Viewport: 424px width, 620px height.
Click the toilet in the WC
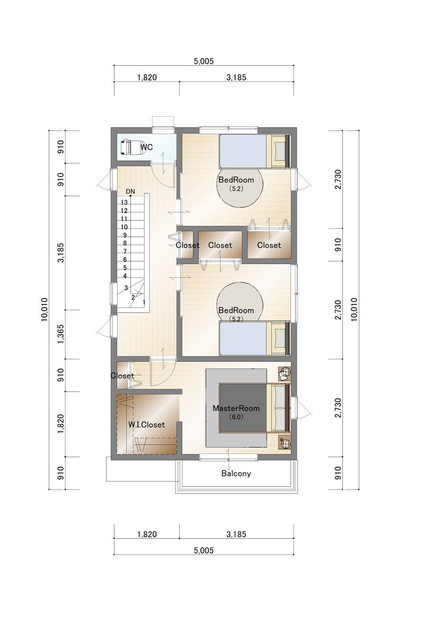[x=132, y=147]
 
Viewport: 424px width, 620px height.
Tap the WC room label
[x=147, y=147]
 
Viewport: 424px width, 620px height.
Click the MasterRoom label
[x=236, y=408]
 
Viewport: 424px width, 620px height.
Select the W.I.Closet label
[x=147, y=425]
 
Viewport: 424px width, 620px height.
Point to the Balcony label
[x=236, y=473]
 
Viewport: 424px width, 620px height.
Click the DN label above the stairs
[x=130, y=191]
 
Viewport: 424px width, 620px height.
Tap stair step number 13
[x=124, y=203]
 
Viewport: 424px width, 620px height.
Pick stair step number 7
[x=125, y=251]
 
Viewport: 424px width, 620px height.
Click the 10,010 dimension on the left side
[x=45, y=309]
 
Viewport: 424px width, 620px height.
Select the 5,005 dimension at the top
[x=204, y=61]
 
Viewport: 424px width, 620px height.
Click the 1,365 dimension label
[x=60, y=334]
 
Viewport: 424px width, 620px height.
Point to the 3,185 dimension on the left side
[x=60, y=252]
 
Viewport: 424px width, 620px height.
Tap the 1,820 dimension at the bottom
[x=147, y=534]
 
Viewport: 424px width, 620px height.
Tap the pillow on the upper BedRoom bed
[x=279, y=151]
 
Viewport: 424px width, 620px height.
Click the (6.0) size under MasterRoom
[x=236, y=417]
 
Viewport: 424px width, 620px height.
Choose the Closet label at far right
[x=269, y=245]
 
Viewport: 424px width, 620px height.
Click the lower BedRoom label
[x=236, y=310]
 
